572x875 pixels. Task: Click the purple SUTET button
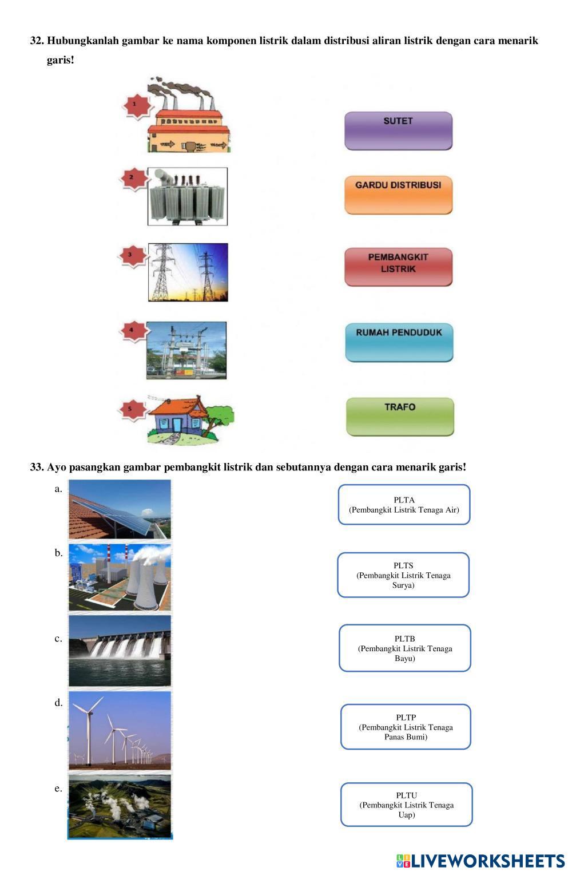(x=398, y=130)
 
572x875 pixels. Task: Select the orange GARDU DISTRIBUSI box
(x=398, y=195)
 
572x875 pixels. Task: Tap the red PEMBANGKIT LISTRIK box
(x=398, y=266)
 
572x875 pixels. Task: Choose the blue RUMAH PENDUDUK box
(x=399, y=342)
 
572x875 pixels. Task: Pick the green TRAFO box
(x=400, y=416)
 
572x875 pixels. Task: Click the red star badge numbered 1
(x=135, y=105)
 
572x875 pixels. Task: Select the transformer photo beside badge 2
(x=188, y=196)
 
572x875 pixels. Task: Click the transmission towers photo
(x=188, y=272)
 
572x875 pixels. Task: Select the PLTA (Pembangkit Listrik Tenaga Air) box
(x=404, y=504)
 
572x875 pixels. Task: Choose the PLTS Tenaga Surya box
(x=403, y=575)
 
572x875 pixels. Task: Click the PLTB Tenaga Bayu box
(x=404, y=648)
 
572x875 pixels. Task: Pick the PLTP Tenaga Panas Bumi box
(x=406, y=726)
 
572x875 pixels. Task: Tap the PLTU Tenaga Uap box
(x=406, y=804)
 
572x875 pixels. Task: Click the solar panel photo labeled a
(x=120, y=509)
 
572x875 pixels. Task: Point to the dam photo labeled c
(x=120, y=650)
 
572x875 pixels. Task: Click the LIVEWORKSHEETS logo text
(x=487, y=860)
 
